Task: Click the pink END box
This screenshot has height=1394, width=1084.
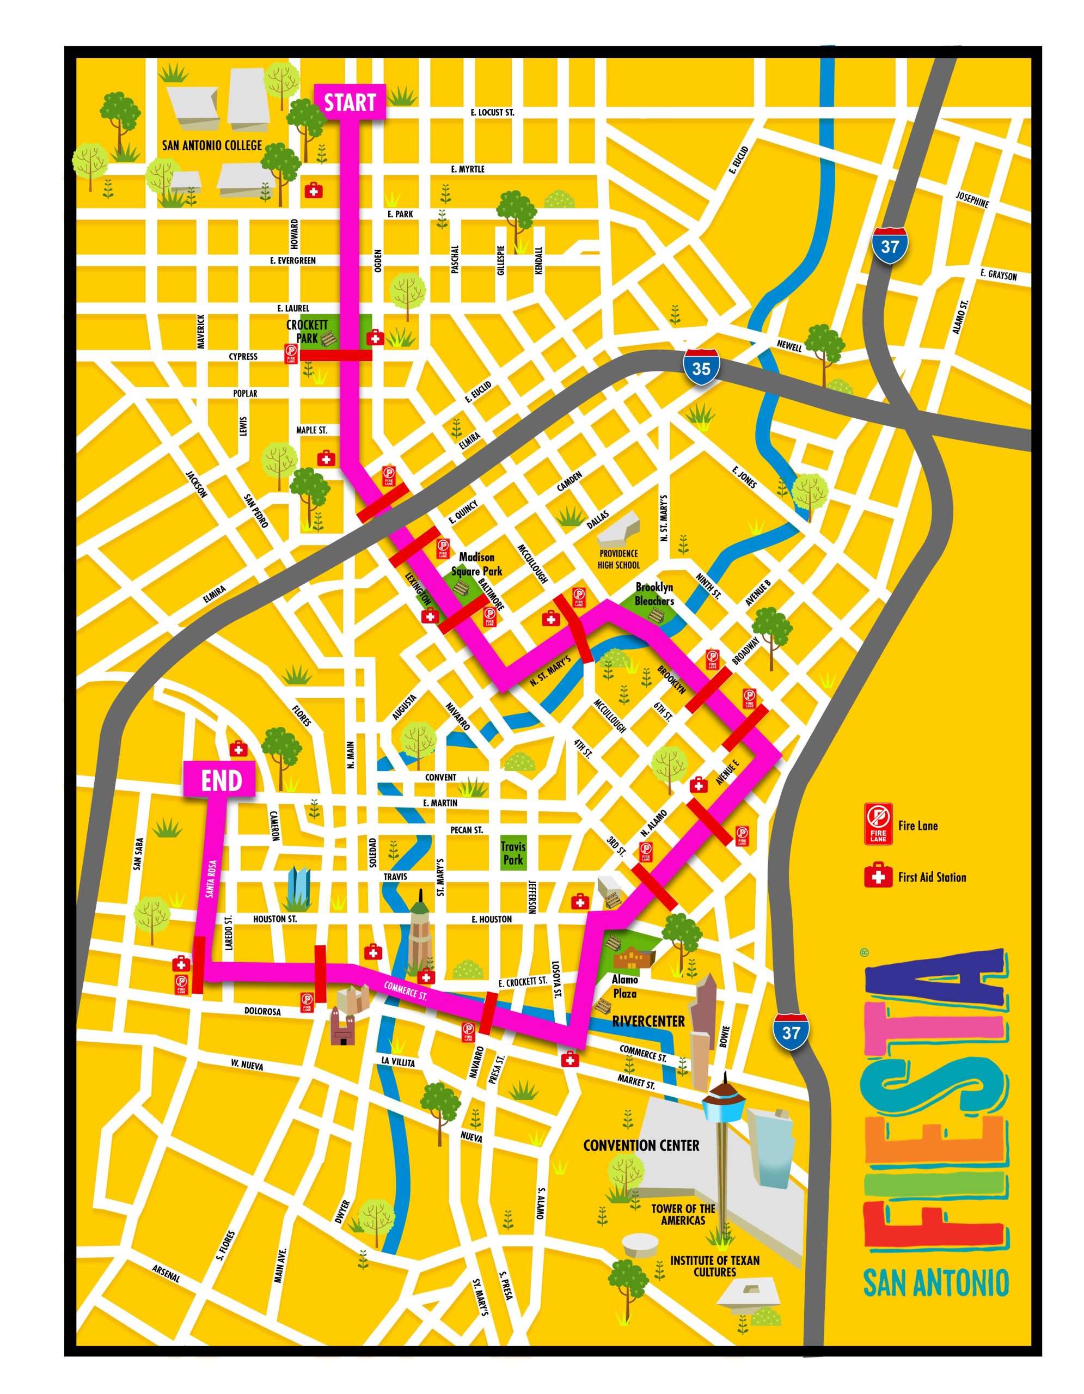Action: coord(222,780)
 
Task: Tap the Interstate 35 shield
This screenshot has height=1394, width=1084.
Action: coord(701,368)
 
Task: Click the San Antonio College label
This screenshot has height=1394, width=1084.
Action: coord(212,145)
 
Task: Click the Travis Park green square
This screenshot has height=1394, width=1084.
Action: coord(513,853)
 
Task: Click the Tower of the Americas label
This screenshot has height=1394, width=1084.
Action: coord(683,1214)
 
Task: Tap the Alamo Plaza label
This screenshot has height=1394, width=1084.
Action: coord(624,986)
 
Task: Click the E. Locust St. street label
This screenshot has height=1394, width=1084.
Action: coord(492,112)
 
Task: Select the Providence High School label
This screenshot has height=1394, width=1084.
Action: coord(618,559)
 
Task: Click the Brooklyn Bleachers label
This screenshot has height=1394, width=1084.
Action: coord(654,594)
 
